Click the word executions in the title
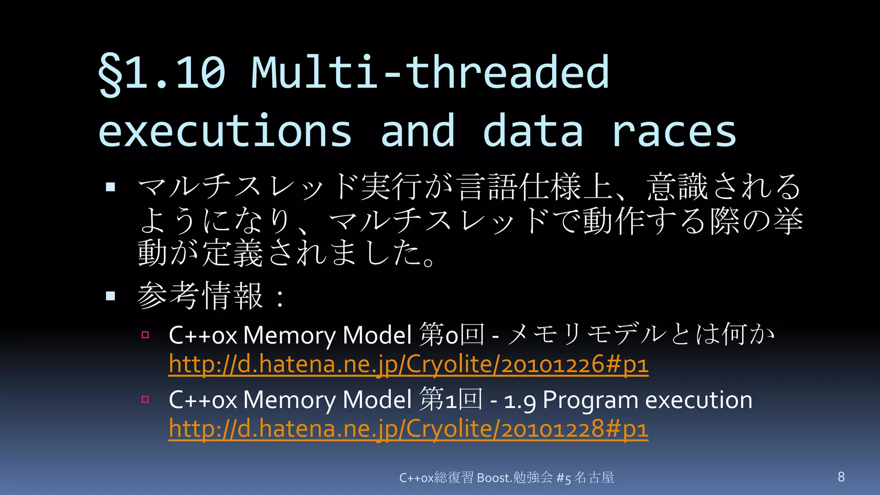tap(225, 131)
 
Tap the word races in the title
tap(674, 131)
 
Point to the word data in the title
tap(533, 131)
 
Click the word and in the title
tap(418, 131)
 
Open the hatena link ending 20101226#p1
tap(408, 364)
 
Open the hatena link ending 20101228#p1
tap(408, 429)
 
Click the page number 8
tap(841, 477)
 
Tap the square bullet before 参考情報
tap(110, 296)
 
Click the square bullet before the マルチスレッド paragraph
tap(110, 186)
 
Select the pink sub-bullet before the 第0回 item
tap(145, 335)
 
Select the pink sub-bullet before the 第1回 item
tap(145, 400)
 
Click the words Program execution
tap(647, 400)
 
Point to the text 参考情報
tap(200, 296)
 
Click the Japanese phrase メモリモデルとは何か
tap(640, 334)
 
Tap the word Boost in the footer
tap(492, 477)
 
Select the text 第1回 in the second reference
tap(451, 400)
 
